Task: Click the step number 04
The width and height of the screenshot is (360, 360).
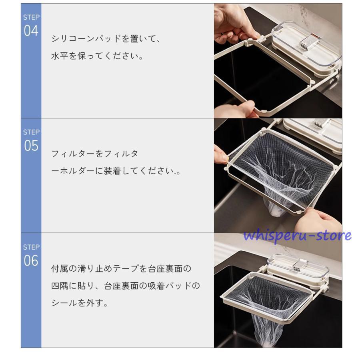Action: (31, 31)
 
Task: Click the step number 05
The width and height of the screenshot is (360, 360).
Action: (31, 146)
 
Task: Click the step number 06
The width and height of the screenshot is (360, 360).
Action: (31, 260)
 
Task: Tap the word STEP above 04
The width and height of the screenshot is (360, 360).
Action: (31, 17)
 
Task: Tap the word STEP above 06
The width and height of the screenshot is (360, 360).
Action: (31, 247)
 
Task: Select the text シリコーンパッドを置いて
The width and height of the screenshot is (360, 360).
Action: (102, 38)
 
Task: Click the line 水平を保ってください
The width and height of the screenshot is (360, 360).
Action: (97, 56)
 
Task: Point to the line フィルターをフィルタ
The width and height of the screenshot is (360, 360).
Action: (94, 154)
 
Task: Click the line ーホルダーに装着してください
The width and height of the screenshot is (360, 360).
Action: (116, 171)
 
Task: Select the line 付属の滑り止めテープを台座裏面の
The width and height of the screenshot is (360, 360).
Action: (121, 268)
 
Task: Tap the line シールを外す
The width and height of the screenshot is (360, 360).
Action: (80, 303)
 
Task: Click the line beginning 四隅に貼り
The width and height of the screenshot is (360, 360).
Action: (126, 286)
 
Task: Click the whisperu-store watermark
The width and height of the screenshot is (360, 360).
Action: (298, 235)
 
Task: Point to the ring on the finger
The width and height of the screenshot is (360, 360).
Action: (222, 34)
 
